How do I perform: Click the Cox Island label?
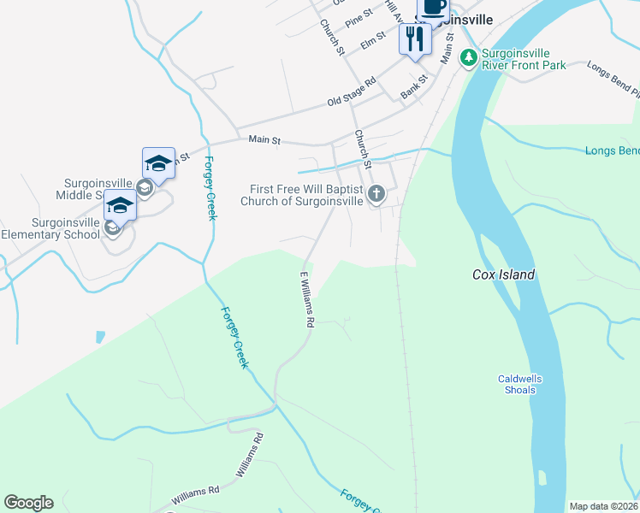click(x=503, y=274)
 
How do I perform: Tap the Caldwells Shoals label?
click(x=519, y=385)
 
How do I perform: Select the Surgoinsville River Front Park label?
click(x=523, y=59)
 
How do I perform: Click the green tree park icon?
click(x=468, y=58)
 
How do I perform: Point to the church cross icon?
click(x=376, y=195)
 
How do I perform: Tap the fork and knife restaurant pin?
click(x=415, y=38)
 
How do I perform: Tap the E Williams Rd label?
click(x=306, y=300)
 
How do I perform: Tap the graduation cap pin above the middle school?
click(x=158, y=162)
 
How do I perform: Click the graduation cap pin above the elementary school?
click(x=120, y=206)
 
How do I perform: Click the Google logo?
click(x=28, y=503)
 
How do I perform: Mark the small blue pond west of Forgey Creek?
click(x=100, y=337)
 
